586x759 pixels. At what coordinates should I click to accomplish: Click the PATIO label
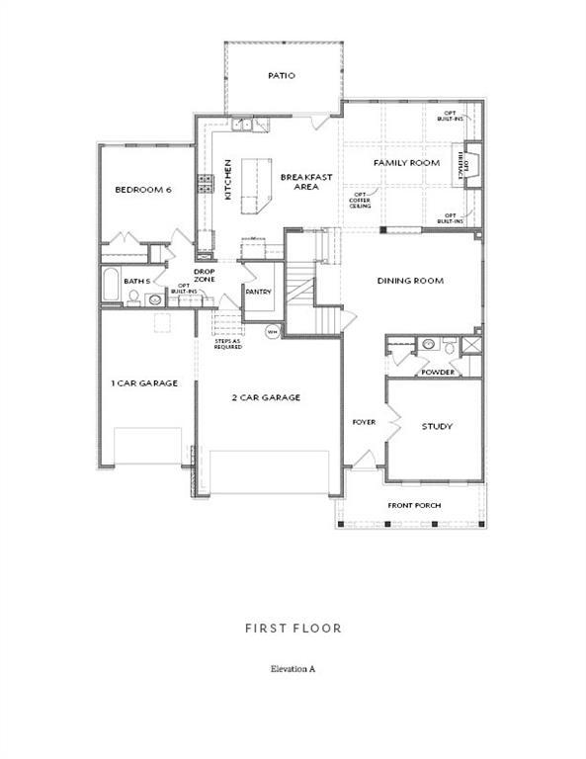click(282, 75)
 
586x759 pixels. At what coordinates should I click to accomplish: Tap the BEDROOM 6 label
click(143, 190)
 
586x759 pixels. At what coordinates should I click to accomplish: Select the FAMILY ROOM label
click(406, 162)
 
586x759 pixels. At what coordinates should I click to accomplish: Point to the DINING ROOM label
click(410, 281)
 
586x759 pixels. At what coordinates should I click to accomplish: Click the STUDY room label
click(437, 427)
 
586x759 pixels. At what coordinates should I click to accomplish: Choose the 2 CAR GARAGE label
click(266, 397)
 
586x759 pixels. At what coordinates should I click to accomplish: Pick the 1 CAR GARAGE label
click(144, 382)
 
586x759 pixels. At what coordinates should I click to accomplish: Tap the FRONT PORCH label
click(415, 505)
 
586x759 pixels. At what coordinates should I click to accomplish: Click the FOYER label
click(364, 422)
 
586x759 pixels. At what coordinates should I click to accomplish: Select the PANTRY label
click(259, 292)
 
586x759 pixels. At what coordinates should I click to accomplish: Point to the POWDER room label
click(438, 372)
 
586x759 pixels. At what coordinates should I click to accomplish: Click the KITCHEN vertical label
click(227, 180)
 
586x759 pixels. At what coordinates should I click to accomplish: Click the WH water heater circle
click(271, 332)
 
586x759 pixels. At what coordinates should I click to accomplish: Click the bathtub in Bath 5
click(111, 286)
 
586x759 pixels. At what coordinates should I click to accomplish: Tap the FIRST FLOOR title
click(293, 628)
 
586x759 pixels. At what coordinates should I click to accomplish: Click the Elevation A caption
click(293, 669)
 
